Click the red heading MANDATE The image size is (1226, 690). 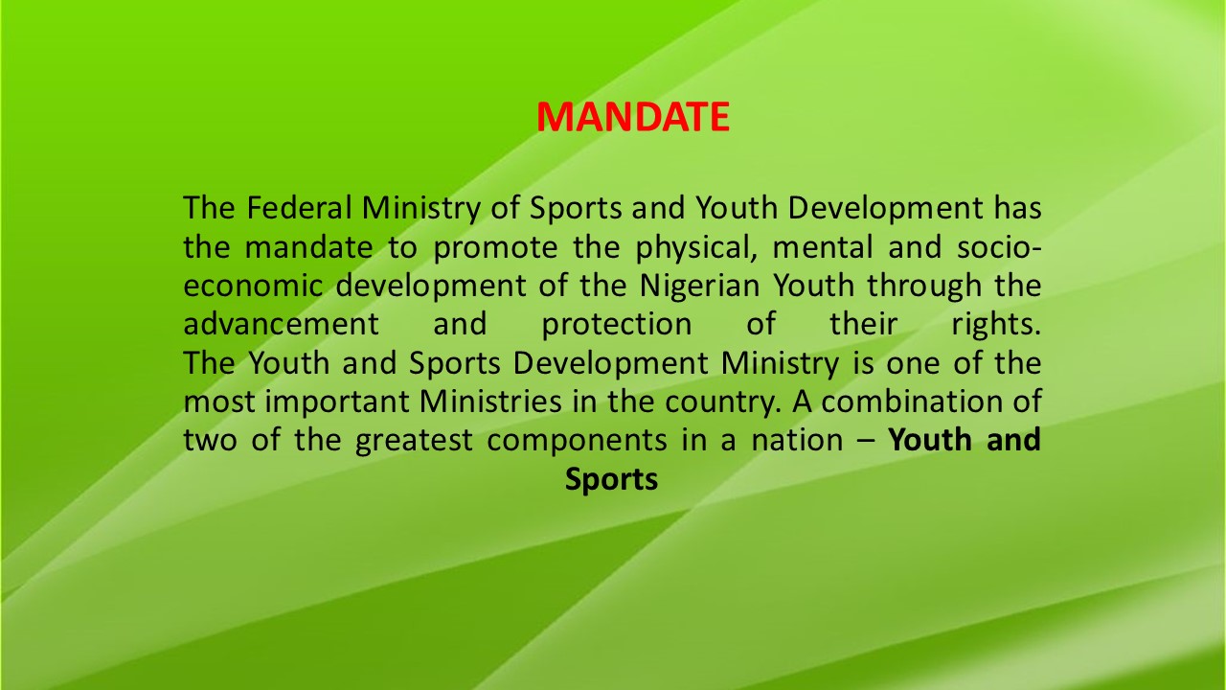tap(633, 117)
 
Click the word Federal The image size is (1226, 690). tap(299, 208)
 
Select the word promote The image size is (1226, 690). tap(495, 247)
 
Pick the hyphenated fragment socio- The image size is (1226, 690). tap(999, 246)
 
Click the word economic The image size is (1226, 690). tap(253, 286)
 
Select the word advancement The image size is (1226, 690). tap(282, 324)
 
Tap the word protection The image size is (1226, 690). tap(617, 325)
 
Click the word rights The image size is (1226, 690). tap(996, 325)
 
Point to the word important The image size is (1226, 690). tap(336, 402)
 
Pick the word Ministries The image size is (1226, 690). tap(490, 402)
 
